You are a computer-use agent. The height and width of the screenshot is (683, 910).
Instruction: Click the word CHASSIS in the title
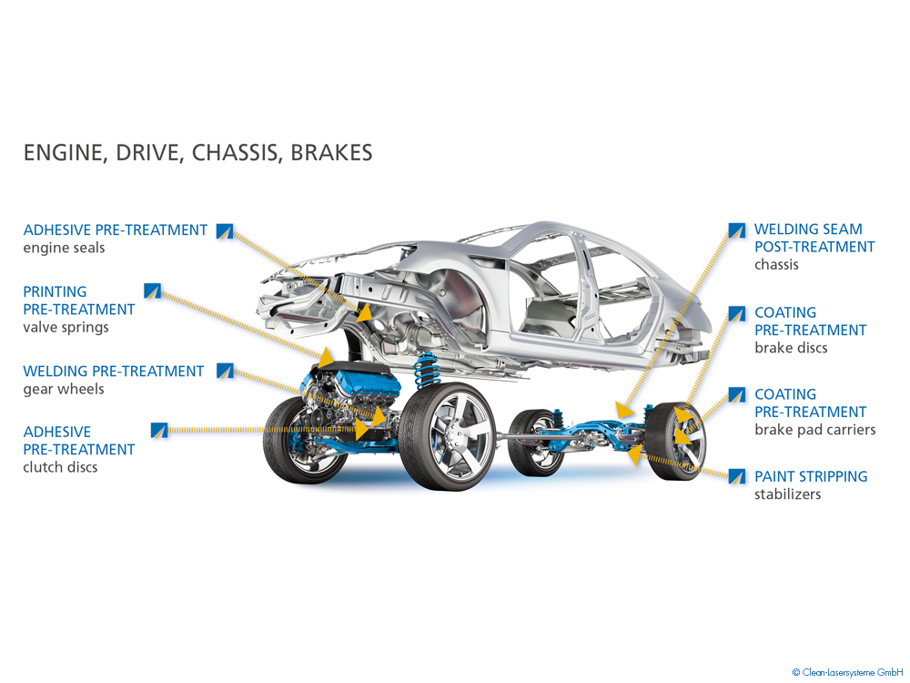click(238, 153)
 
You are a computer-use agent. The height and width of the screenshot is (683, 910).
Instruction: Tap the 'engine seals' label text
click(64, 248)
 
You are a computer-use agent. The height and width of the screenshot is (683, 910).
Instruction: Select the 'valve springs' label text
click(66, 327)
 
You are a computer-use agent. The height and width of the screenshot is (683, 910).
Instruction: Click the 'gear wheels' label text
click(64, 389)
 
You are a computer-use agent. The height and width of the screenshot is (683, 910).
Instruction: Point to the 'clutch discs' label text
click(60, 467)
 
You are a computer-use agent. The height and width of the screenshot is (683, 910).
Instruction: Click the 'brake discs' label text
click(791, 348)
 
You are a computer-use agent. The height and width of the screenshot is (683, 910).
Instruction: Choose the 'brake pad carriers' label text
click(814, 430)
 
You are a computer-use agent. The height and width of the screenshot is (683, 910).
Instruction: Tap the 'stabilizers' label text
click(787, 494)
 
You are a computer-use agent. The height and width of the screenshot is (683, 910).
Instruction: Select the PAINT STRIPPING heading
click(811, 476)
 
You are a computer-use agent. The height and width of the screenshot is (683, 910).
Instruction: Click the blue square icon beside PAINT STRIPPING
click(737, 475)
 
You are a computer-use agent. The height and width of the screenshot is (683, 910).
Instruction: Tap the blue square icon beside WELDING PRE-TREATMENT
click(225, 371)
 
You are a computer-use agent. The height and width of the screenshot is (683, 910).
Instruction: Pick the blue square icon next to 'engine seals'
click(225, 230)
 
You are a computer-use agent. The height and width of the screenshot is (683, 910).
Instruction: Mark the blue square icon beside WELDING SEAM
click(737, 229)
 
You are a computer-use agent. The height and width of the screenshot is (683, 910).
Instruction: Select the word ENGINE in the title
click(61, 153)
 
